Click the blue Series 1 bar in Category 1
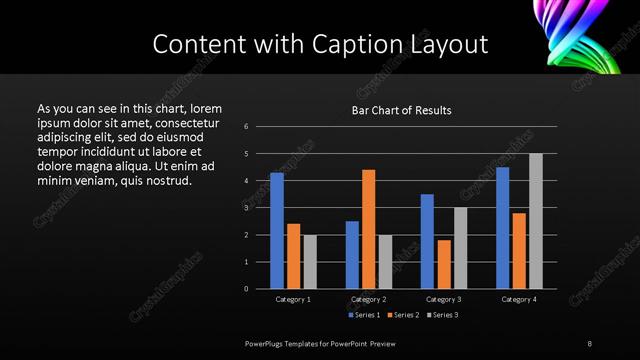tap(277, 231)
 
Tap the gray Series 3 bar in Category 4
tap(536, 221)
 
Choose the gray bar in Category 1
tap(310, 262)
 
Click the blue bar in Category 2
tap(352, 255)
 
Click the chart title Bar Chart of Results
tap(401, 110)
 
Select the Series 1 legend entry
tap(366, 315)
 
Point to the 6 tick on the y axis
tap(246, 127)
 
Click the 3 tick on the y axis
tap(246, 208)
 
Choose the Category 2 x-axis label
tap(369, 299)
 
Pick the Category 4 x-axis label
tap(519, 299)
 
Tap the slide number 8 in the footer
tap(590, 343)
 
